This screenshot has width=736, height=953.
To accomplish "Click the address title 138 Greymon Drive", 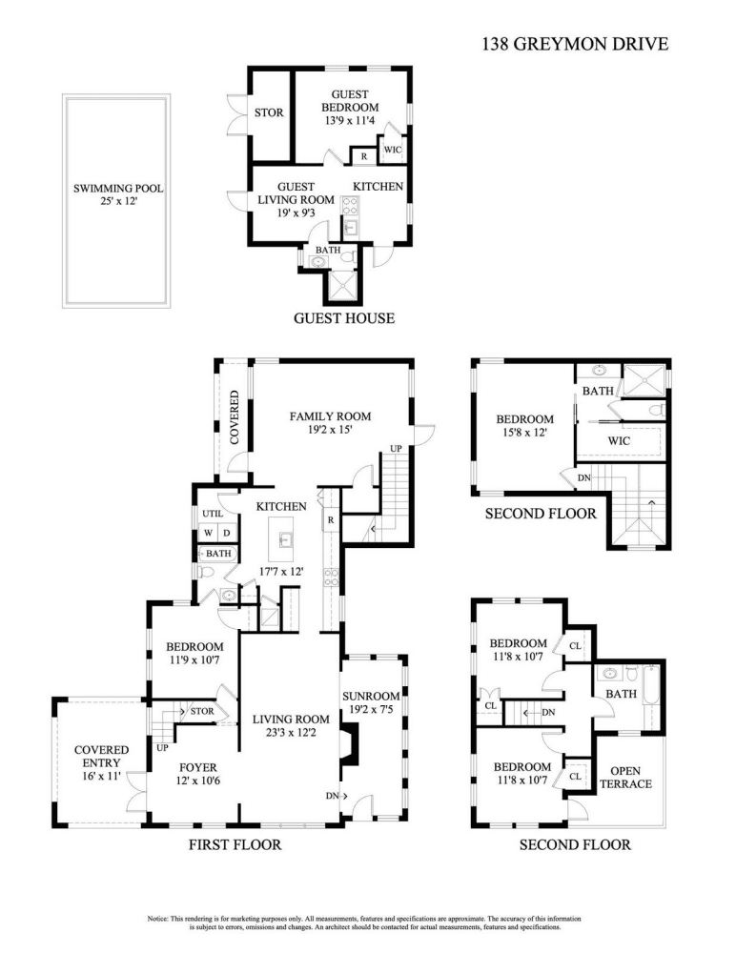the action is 575,44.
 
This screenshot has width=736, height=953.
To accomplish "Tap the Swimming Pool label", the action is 118,189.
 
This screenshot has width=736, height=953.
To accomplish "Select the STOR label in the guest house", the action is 269,112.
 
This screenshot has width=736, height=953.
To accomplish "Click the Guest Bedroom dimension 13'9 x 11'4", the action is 350,120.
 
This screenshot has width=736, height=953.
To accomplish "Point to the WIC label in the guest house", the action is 393,150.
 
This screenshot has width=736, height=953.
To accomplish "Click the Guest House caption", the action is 344,318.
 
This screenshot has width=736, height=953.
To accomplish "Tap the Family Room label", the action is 330,416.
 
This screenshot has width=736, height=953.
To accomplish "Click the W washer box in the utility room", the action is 208,533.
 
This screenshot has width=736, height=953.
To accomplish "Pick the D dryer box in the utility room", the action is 227,533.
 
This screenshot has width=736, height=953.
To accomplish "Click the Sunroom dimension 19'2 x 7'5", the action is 371,709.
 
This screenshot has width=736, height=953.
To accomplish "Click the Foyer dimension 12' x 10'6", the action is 198,781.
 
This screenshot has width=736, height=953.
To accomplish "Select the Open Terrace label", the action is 626,778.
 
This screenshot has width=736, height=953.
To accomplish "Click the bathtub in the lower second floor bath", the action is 651,694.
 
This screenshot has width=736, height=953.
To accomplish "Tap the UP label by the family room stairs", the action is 396,449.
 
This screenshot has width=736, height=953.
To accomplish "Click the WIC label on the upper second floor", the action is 620,440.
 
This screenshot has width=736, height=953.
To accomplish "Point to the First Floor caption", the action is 235,844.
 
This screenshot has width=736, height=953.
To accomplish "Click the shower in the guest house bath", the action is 342,286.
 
